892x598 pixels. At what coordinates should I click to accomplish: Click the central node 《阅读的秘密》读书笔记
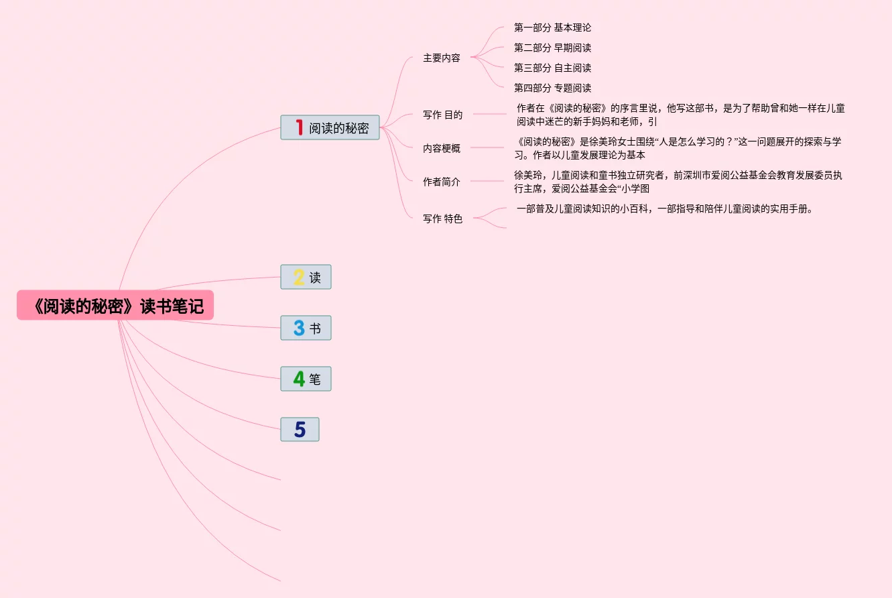(x=115, y=306)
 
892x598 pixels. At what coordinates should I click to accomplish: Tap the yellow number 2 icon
(x=299, y=277)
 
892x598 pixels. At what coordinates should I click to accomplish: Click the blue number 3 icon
(x=299, y=328)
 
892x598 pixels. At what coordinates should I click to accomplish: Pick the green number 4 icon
(x=299, y=379)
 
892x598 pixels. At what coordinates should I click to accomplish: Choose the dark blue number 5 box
(x=300, y=430)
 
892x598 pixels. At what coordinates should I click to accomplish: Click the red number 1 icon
(x=300, y=127)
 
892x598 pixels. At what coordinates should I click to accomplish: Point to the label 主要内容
(x=441, y=58)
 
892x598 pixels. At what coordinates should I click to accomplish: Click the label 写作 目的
(x=442, y=115)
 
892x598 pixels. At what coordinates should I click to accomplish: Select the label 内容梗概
(x=441, y=148)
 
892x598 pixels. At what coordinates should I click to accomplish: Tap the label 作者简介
(x=441, y=182)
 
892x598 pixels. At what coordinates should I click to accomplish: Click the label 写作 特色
(x=442, y=219)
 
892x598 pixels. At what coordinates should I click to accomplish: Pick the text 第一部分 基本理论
(x=552, y=27)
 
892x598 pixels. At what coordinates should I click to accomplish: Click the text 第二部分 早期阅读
(x=552, y=48)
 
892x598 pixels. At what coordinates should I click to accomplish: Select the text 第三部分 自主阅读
(x=552, y=68)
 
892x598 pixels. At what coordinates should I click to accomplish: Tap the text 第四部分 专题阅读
(x=552, y=88)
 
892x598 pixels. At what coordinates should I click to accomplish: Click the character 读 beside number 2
(x=315, y=278)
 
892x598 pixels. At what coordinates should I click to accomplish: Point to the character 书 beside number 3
(x=315, y=328)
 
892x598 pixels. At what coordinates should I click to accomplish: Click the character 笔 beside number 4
(x=315, y=379)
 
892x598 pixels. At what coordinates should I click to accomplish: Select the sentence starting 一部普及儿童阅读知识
(x=664, y=208)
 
